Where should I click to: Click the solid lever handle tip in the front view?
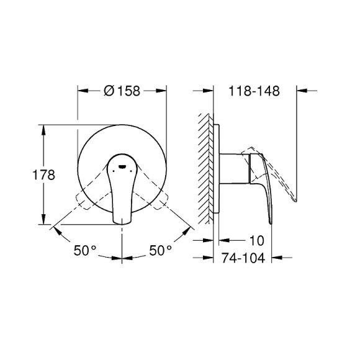pos(122,217)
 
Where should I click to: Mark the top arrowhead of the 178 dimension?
pos(43,128)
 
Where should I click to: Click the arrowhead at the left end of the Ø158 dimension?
pos(81,91)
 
